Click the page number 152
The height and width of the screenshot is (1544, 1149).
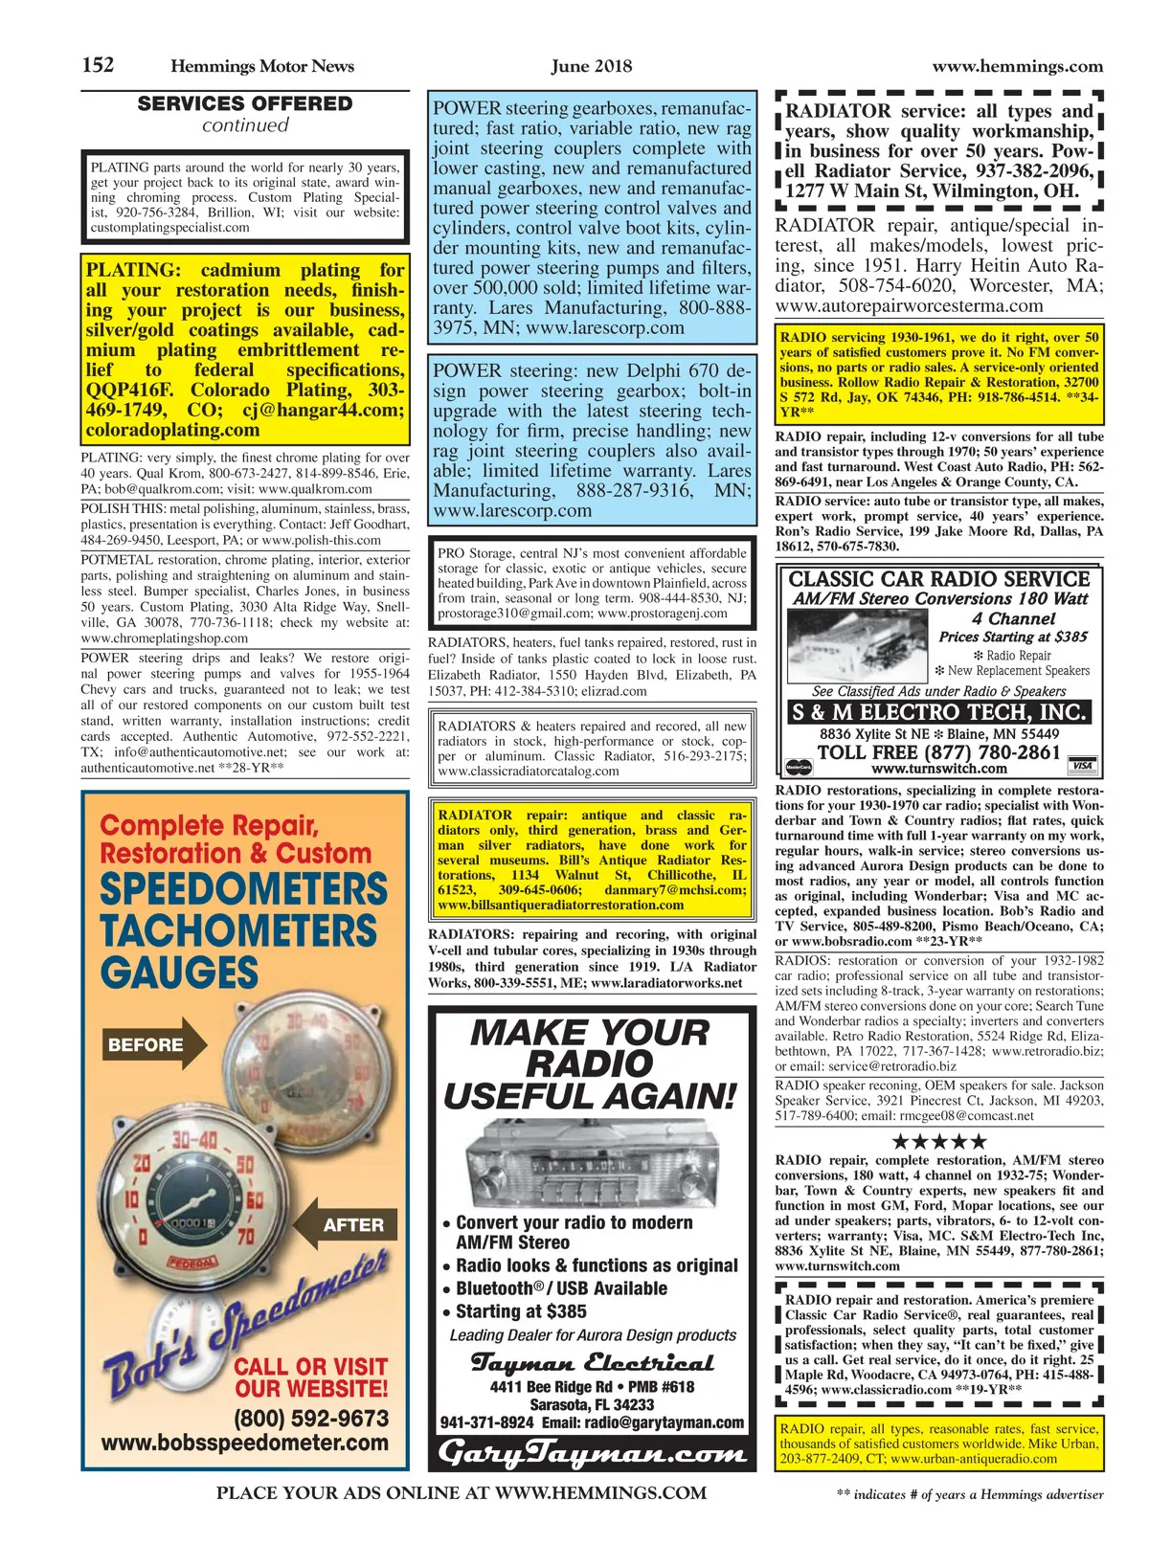point(98,65)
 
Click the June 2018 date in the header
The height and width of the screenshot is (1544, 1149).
point(591,66)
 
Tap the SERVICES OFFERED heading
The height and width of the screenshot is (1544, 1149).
point(245,103)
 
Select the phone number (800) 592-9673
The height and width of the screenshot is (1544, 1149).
point(311,1418)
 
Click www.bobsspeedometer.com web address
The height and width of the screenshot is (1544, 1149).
point(245,1443)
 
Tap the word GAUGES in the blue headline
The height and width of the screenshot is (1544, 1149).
point(179,973)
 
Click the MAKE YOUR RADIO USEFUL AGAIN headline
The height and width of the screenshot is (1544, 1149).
point(591,1064)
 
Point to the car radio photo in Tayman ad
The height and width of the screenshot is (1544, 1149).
point(591,1162)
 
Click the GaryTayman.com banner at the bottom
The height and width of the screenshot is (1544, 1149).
point(592,1453)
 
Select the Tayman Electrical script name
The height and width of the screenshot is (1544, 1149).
point(592,1362)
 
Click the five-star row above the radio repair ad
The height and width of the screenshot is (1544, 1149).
point(938,1141)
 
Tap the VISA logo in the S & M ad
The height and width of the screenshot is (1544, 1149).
point(1082,767)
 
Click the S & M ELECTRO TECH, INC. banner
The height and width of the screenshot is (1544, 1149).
point(938,712)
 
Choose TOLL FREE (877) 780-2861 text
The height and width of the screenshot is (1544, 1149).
point(938,752)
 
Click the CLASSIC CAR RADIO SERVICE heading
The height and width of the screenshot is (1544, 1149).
point(938,579)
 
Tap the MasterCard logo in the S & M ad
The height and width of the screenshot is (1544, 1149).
point(798,767)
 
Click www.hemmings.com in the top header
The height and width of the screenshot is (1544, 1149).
point(1017,66)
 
